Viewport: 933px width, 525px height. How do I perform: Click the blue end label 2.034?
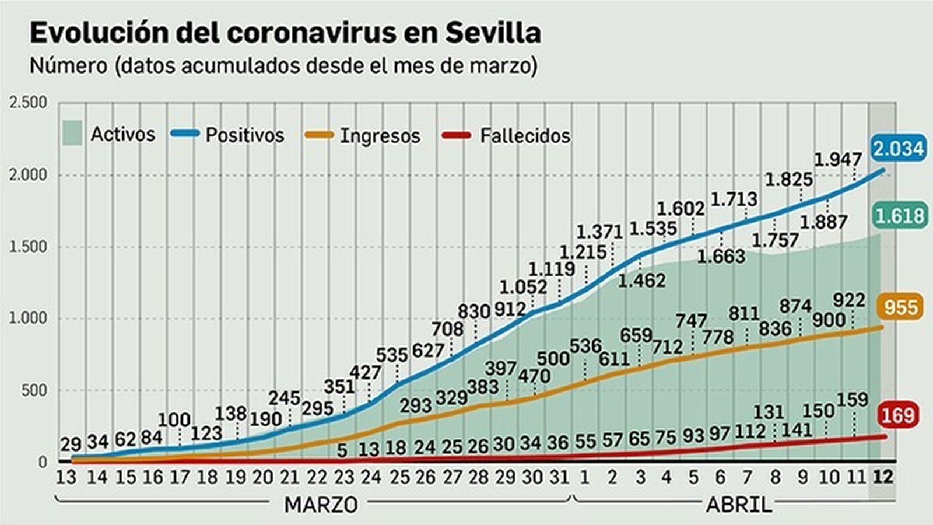point(898,148)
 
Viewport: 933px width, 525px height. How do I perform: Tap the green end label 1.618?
point(899,216)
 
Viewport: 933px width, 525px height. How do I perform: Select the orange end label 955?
point(900,307)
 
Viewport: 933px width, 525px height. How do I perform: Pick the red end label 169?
point(898,415)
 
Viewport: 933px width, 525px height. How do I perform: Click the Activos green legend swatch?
point(72,134)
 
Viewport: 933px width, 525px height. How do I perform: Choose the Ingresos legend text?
point(380,136)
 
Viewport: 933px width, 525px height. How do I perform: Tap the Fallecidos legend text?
point(525,136)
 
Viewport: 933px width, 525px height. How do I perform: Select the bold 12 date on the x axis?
point(882,477)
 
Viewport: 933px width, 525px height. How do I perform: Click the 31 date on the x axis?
point(559,477)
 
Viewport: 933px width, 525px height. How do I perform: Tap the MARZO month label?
point(321,505)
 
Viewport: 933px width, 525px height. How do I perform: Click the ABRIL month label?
point(739,505)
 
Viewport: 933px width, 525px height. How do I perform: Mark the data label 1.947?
point(837,159)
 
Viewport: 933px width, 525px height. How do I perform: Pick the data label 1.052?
point(523,287)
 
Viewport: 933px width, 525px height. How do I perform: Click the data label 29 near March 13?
point(71,443)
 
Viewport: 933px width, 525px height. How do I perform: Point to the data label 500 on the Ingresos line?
point(553,358)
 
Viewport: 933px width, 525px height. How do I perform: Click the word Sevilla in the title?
point(493,33)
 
